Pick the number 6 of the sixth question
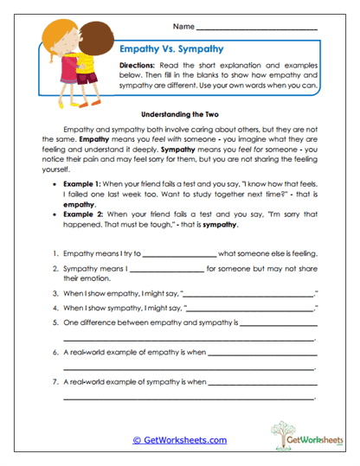[55, 353]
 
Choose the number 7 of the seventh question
[55, 381]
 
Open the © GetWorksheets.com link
[179, 440]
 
